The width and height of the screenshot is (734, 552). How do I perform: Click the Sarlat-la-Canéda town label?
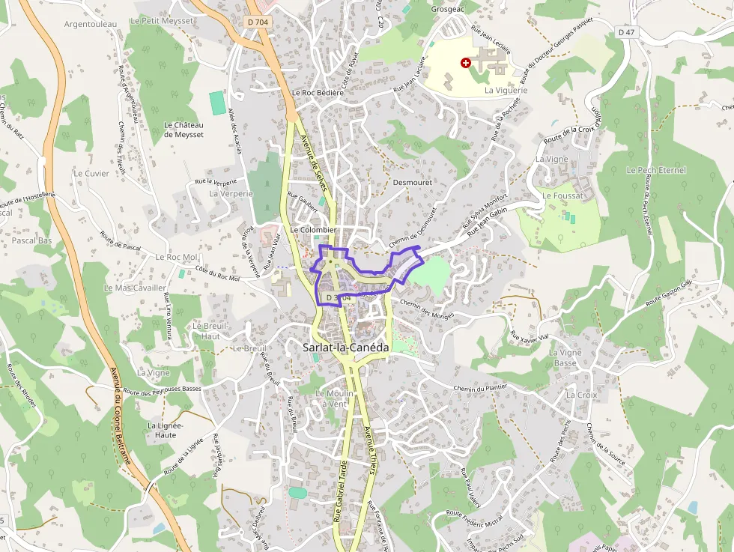pos(346,348)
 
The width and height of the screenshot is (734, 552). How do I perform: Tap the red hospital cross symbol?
pos(466,64)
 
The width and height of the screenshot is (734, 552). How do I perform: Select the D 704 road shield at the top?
pos(256,23)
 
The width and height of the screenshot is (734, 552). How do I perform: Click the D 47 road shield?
pos(626,32)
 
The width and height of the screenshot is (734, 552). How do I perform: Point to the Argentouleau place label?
pos(91,24)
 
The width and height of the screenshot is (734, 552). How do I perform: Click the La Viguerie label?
pos(506,91)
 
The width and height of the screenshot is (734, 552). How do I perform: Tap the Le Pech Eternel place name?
pos(656,171)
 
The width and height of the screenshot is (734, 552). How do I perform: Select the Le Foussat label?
pos(557,195)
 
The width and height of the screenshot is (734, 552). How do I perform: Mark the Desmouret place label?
pos(413,182)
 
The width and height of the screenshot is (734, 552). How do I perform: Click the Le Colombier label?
pos(313,230)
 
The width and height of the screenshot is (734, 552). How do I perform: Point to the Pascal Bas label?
pos(31,240)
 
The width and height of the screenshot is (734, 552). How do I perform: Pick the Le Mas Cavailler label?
pos(136,288)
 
